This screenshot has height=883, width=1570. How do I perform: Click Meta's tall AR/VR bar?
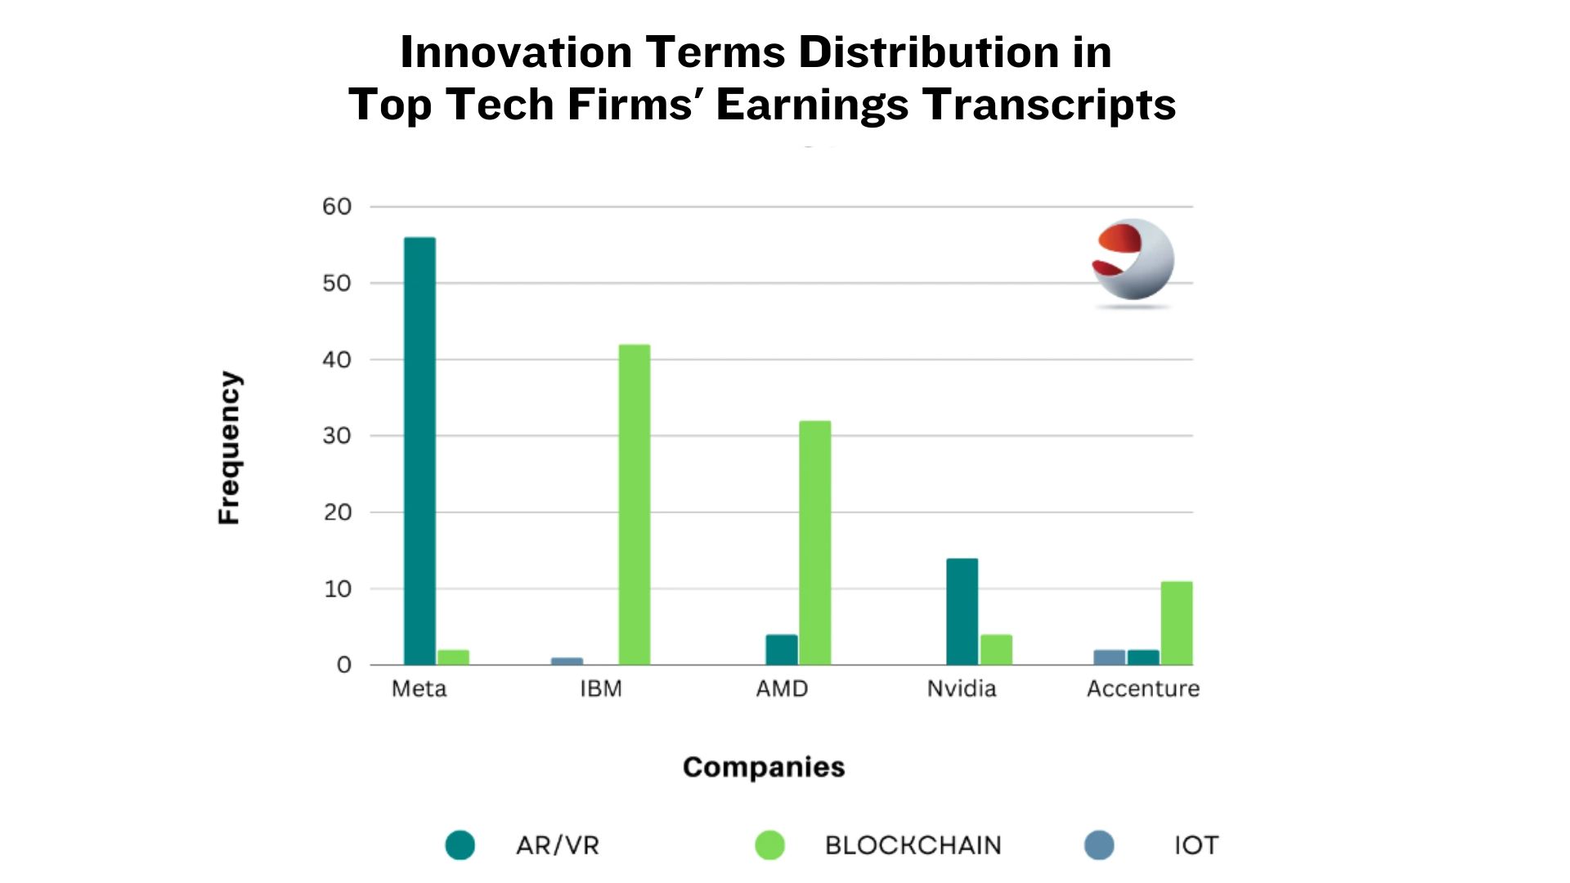pos(419,450)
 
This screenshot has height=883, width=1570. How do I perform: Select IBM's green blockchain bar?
pos(635,504)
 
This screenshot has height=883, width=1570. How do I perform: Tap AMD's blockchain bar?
pos(814,542)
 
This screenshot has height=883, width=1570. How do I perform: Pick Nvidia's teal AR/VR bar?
pos(962,612)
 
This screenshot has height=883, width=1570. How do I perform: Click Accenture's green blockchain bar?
pos(1177,623)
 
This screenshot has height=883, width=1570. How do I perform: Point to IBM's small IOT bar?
pos(567,661)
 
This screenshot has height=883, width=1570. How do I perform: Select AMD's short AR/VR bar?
pos(781,649)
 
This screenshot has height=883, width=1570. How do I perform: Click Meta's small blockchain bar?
pos(453,657)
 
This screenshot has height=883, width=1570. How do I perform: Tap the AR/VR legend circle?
pos(460,845)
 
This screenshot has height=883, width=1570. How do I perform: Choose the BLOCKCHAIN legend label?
pos(913,845)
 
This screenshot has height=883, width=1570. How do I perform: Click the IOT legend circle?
pos(1099,845)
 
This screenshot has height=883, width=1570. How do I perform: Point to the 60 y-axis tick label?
pos(337,207)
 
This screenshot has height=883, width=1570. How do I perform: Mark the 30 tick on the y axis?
pos(337,436)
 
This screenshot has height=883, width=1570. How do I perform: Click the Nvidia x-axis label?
pos(962,688)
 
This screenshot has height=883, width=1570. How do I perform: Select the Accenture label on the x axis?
pos(1142,688)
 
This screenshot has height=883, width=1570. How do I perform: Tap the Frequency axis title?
pos(229,447)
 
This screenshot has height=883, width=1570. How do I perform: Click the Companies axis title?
pos(764,767)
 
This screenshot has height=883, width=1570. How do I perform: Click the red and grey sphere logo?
pos(1133,260)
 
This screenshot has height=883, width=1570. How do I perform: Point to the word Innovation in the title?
pos(516,52)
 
